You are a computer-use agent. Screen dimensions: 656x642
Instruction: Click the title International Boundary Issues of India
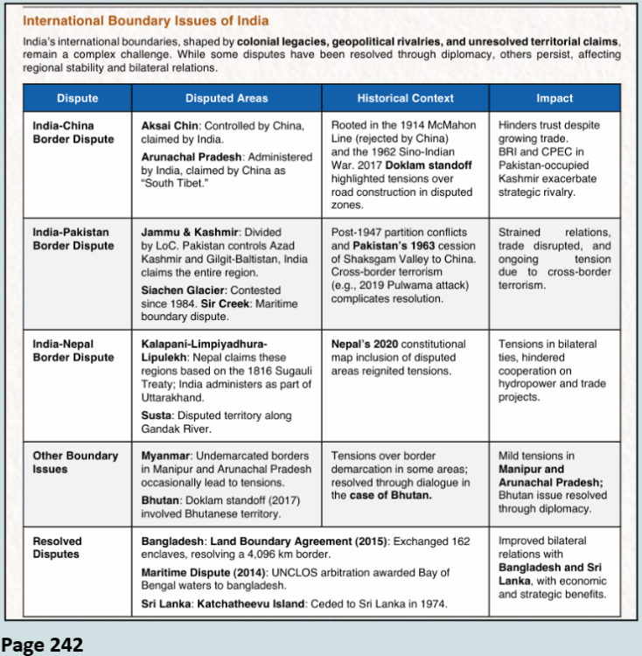click(145, 20)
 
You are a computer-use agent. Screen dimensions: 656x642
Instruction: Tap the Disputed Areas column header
click(227, 99)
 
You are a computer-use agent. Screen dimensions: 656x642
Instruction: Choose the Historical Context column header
click(405, 99)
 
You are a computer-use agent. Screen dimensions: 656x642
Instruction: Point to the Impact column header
click(555, 99)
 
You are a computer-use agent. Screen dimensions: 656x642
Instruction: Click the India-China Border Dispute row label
click(73, 132)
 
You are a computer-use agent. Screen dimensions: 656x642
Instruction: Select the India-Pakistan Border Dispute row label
click(73, 239)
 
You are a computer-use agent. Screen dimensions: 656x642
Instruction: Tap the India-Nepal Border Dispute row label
click(73, 351)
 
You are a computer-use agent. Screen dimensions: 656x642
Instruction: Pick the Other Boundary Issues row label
click(75, 463)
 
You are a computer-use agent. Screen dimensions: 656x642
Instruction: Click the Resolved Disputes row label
click(60, 548)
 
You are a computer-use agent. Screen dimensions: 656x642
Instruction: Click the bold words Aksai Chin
click(169, 126)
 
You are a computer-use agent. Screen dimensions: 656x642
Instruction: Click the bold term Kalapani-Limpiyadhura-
click(204, 344)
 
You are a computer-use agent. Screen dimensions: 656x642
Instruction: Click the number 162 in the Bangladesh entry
click(459, 541)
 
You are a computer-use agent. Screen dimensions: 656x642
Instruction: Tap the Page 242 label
click(43, 645)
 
